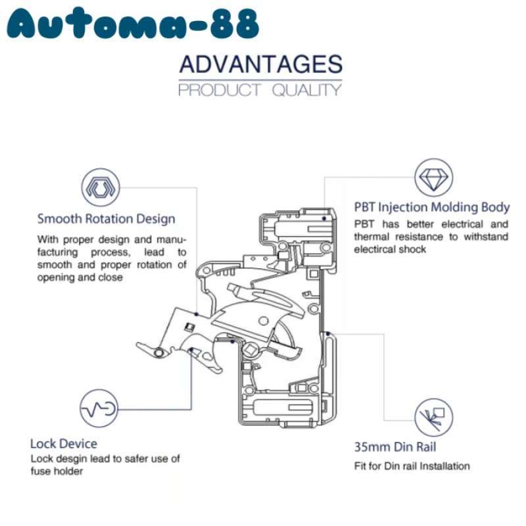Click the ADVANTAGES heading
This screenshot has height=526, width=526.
coord(260,64)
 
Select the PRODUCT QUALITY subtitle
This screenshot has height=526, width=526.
coord(260,90)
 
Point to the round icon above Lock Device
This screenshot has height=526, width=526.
coord(99,409)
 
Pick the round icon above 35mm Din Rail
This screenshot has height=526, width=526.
coord(434,415)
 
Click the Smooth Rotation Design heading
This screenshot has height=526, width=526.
coord(106,218)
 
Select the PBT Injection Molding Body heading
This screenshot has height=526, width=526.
coord(431,208)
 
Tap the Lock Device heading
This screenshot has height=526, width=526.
coord(64,443)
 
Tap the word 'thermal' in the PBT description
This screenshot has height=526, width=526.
coord(373,237)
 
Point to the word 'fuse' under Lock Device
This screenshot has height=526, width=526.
coord(41,471)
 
